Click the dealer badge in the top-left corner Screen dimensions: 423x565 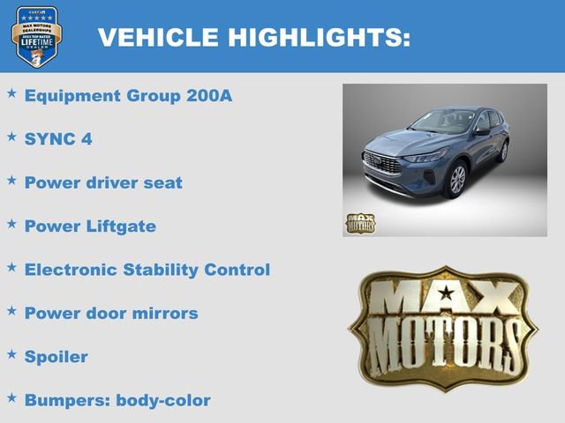(36, 36)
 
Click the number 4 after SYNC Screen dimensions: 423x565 (87, 139)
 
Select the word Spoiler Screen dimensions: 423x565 (56, 357)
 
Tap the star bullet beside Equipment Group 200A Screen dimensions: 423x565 (11, 93)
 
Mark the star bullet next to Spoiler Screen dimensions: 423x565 (11, 353)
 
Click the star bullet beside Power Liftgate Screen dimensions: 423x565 (11, 223)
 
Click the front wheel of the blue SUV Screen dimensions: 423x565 (456, 179)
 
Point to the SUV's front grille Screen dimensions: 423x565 (381, 165)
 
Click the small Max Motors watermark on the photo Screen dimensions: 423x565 (359, 223)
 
